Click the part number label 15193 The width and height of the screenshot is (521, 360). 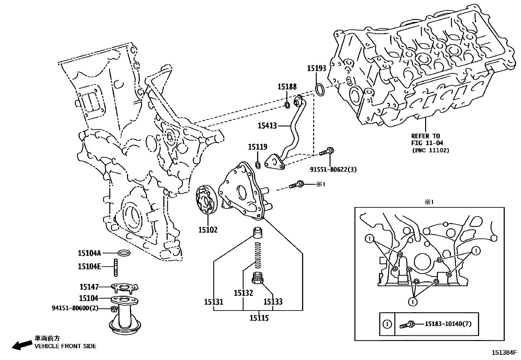(316, 68)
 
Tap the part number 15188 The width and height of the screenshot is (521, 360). (287, 87)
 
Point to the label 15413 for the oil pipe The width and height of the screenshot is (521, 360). (267, 125)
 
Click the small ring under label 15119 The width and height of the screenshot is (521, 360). (258, 164)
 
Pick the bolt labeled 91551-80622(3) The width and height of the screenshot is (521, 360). (326, 152)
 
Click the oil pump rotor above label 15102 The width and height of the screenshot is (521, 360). (205, 200)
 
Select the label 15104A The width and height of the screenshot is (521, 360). (89, 253)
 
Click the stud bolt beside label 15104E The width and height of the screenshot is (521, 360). (116, 267)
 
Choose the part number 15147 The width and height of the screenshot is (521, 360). (89, 287)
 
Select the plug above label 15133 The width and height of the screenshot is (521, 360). (258, 279)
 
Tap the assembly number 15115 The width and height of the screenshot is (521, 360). (259, 318)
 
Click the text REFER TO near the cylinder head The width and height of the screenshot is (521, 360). (425, 136)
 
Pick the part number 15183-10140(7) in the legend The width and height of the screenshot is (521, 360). (448, 324)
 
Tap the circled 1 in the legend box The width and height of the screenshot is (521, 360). (387, 324)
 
